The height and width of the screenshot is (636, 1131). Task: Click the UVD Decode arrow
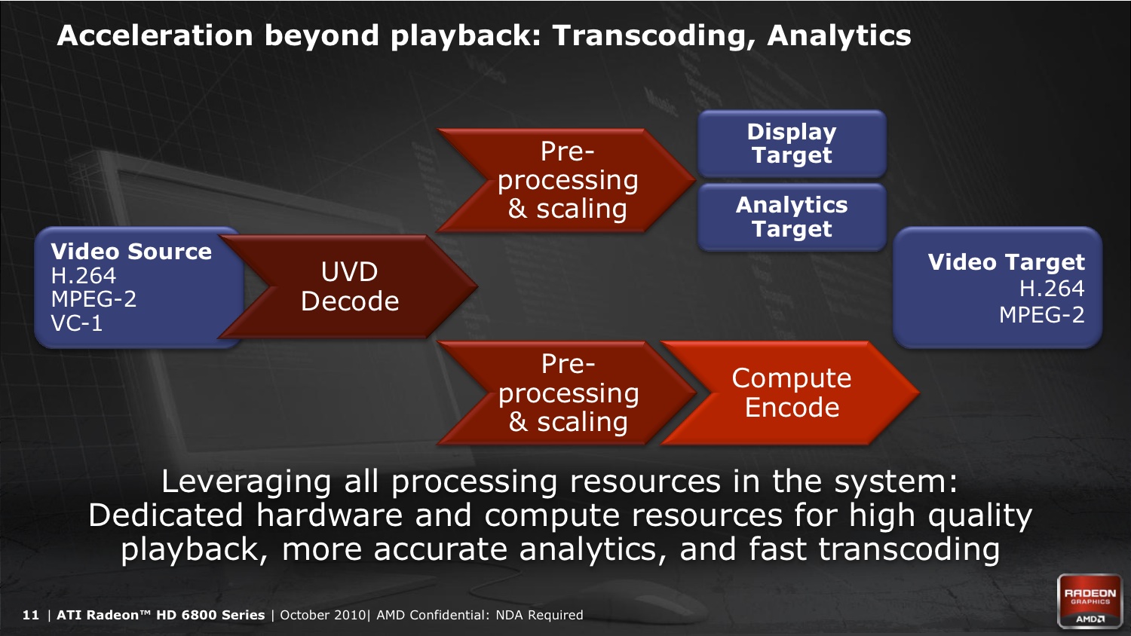pyautogui.click(x=349, y=286)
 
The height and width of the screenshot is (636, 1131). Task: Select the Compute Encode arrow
pyautogui.click(x=790, y=393)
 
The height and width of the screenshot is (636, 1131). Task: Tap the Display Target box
pyautogui.click(x=792, y=143)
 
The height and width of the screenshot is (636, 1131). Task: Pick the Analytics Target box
pyautogui.click(x=792, y=217)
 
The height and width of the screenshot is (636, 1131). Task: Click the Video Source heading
pyautogui.click(x=131, y=252)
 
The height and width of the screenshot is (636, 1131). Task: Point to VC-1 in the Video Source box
pyautogui.click(x=77, y=323)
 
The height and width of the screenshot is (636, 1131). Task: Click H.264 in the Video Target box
pyautogui.click(x=1052, y=288)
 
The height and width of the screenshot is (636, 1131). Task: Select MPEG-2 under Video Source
pyautogui.click(x=94, y=299)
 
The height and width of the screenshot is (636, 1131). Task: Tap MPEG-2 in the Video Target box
pyautogui.click(x=1041, y=315)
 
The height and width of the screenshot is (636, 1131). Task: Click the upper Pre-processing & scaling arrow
pyautogui.click(x=566, y=180)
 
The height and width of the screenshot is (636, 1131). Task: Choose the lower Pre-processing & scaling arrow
pyautogui.click(x=566, y=393)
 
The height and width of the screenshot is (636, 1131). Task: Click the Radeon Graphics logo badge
pyautogui.click(x=1090, y=601)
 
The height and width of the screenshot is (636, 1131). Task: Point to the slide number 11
pyautogui.click(x=30, y=615)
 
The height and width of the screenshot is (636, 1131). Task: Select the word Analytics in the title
pyautogui.click(x=839, y=36)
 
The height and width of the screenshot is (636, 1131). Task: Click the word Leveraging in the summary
pyautogui.click(x=247, y=482)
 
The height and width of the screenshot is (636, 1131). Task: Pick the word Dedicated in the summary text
pyautogui.click(x=166, y=515)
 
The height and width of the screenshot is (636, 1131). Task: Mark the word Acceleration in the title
pyautogui.click(x=155, y=36)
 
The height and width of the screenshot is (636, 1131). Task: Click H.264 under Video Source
pyautogui.click(x=83, y=276)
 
